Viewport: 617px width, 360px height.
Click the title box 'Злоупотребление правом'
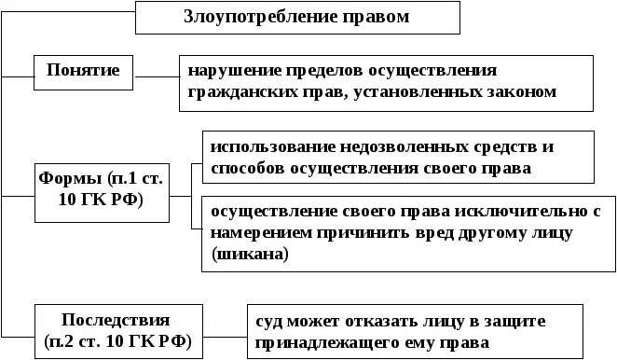(298, 17)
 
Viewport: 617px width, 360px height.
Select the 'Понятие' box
(82, 71)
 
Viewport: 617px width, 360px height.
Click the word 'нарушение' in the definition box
(225, 71)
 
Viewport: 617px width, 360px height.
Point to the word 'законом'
(520, 92)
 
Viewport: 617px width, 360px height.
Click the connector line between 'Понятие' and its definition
(157, 72)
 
